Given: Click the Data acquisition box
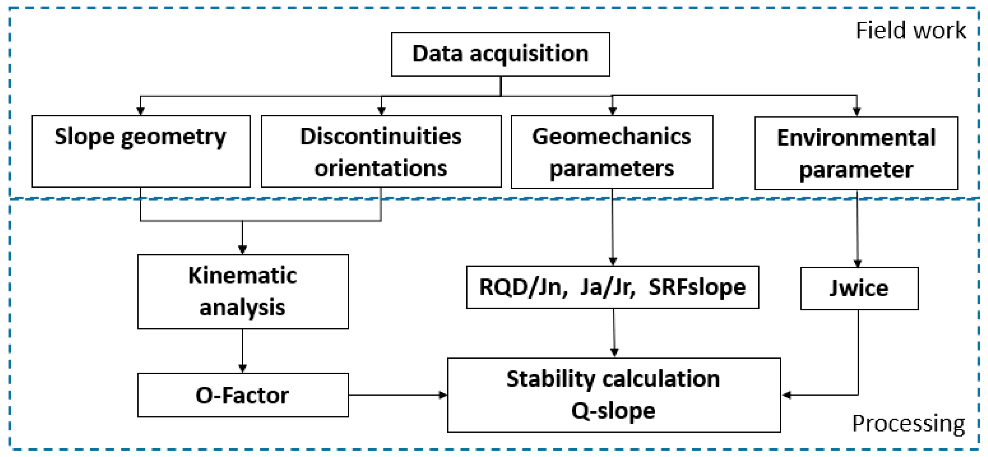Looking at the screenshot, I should (500, 54).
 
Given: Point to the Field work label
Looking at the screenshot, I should (911, 31).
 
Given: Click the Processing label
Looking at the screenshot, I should (908, 424).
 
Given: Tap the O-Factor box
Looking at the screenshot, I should (243, 395).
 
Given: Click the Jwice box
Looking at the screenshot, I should (859, 288).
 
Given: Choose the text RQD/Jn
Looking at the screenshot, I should (523, 287).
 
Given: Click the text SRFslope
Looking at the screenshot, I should (697, 287).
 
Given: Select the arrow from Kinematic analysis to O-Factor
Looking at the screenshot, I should (242, 350).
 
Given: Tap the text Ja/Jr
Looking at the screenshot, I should (607, 287).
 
